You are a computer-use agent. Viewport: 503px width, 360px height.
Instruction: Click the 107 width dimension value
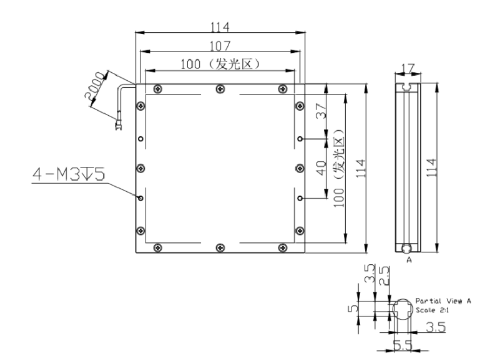click(220, 46)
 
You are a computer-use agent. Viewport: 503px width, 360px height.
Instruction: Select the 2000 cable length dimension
click(95, 85)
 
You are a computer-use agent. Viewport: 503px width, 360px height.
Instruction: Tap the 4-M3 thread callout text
click(69, 174)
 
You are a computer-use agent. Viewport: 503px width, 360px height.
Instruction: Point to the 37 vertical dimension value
click(321, 111)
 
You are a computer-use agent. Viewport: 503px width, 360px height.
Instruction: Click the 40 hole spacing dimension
click(321, 168)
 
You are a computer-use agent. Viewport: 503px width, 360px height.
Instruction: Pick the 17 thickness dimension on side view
click(408, 68)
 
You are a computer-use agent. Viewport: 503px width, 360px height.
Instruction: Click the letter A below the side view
click(409, 260)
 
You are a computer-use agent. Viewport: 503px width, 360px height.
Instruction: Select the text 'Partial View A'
click(443, 301)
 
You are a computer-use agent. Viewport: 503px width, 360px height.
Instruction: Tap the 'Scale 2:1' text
click(432, 310)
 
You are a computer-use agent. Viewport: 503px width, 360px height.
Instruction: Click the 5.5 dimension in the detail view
click(403, 345)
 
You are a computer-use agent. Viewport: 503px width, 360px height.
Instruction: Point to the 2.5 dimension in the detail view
click(384, 276)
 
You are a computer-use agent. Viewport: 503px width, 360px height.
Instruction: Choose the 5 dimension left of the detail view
click(353, 308)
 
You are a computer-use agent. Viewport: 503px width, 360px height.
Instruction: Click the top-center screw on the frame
click(220, 89)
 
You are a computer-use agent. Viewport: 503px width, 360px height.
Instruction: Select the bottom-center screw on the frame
click(220, 247)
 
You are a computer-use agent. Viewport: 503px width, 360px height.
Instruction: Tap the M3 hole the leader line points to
click(141, 198)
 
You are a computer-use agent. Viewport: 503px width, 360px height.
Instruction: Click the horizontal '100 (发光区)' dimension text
click(220, 64)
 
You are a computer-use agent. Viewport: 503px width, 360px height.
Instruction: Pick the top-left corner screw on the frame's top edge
click(158, 89)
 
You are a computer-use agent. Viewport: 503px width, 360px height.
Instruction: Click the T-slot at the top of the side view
click(408, 86)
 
